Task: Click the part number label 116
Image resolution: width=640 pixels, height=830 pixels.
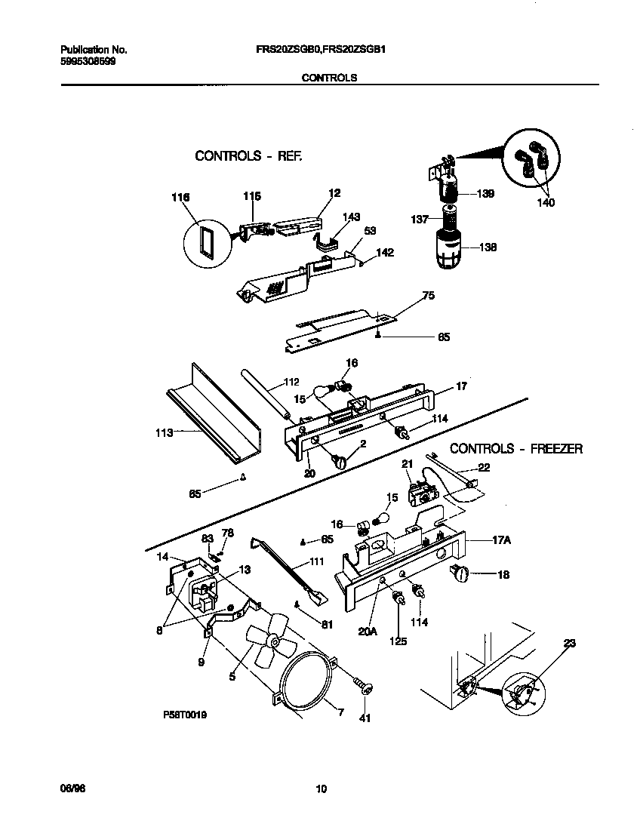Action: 180,197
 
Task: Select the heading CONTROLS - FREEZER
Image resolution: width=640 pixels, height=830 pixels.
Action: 516,448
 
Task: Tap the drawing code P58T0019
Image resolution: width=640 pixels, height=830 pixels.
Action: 184,713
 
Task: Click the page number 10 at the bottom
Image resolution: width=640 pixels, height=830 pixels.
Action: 321,789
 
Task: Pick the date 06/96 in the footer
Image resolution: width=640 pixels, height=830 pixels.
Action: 70,789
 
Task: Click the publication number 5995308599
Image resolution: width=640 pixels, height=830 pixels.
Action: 88,61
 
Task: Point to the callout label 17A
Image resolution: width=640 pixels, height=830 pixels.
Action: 482,541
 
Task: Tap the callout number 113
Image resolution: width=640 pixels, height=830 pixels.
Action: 163,432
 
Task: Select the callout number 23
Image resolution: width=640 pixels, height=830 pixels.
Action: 568,643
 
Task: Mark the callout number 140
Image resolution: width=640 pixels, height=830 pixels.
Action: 545,202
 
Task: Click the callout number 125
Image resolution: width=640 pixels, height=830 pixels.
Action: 397,641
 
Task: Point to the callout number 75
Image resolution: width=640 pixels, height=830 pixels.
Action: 428,297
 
